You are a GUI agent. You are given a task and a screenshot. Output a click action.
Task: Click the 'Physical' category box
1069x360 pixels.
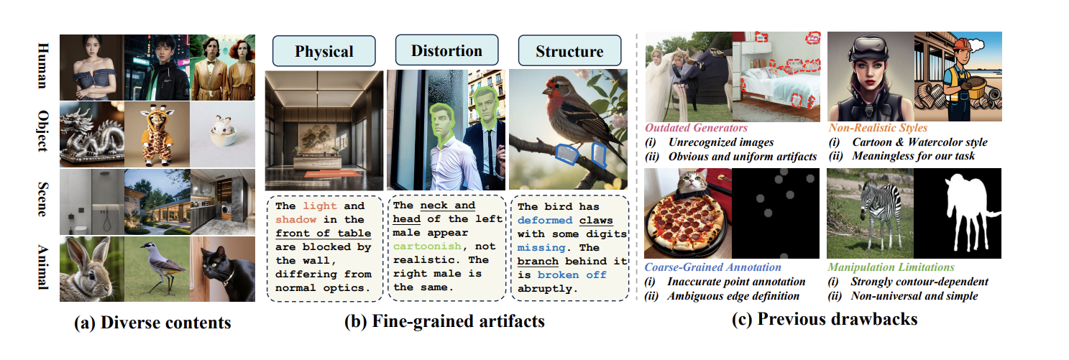(x=324, y=51)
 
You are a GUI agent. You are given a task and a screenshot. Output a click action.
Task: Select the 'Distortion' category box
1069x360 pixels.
(x=446, y=50)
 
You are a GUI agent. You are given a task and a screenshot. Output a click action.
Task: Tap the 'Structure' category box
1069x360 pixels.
(x=570, y=50)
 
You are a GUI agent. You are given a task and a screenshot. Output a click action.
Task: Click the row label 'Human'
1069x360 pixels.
(x=43, y=66)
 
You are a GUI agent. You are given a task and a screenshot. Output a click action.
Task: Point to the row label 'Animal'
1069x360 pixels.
(x=43, y=267)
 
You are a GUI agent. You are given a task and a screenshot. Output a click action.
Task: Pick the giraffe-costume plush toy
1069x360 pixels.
(x=156, y=135)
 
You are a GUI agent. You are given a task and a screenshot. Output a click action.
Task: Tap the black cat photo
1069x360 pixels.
(x=223, y=269)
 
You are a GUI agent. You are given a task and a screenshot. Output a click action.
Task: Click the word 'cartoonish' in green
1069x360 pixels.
(x=427, y=246)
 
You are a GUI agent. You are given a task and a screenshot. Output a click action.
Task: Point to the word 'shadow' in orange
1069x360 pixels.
(x=296, y=219)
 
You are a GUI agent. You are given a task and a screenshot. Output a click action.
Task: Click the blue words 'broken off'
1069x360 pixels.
(x=572, y=274)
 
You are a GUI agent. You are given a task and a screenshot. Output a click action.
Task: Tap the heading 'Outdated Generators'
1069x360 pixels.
(x=697, y=128)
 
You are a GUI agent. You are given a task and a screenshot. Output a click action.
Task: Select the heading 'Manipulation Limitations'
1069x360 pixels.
(x=891, y=267)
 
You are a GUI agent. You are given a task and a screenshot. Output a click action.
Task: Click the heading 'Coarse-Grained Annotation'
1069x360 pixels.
(x=713, y=267)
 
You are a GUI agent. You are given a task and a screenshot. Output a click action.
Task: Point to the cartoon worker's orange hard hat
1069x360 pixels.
(x=963, y=43)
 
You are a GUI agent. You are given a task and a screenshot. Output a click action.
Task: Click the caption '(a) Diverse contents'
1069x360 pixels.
(x=152, y=323)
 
